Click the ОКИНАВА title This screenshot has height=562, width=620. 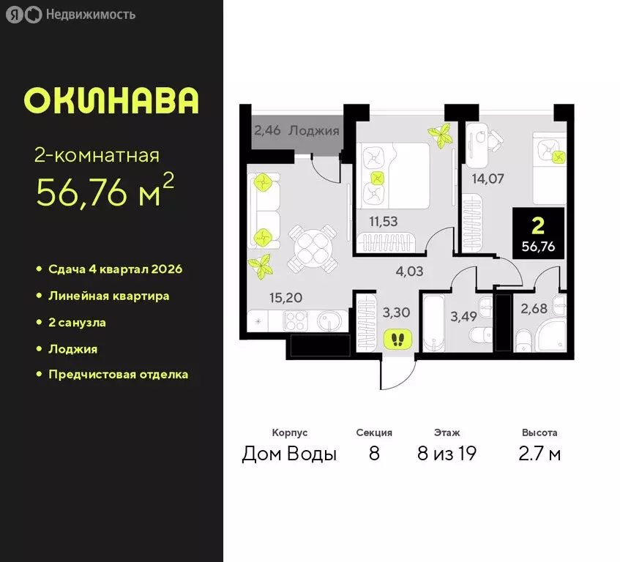point(111,101)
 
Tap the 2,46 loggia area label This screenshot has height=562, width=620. point(266,132)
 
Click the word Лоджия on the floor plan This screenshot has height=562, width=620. point(314,132)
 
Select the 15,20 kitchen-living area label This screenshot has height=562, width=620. point(266,299)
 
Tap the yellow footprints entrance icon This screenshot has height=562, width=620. point(398,339)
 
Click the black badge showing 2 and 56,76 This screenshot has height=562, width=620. point(538,231)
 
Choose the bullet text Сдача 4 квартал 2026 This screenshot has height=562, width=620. point(115,269)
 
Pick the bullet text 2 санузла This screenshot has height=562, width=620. point(78,322)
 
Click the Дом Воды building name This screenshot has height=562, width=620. point(289,454)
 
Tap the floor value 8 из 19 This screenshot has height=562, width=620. point(447,454)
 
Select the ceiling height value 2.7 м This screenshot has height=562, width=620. point(540,454)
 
